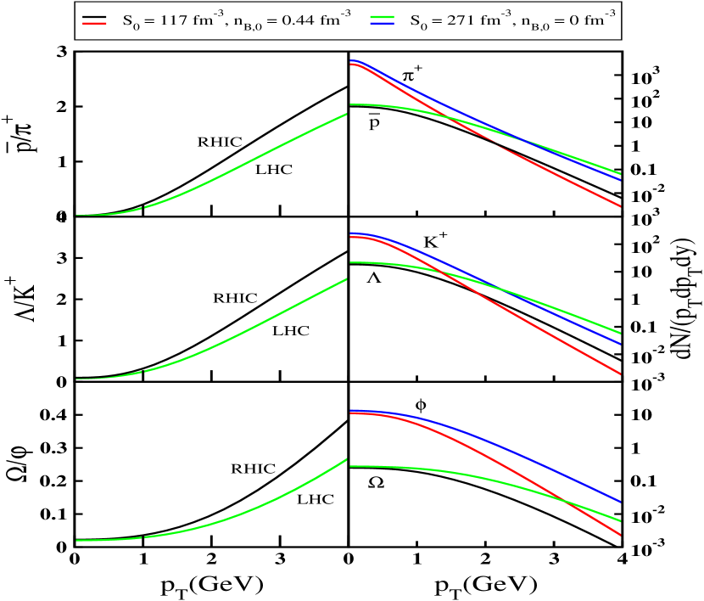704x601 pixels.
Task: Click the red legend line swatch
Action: tap(94, 23)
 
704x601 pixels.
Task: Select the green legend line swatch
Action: tap(382, 17)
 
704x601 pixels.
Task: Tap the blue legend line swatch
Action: tap(382, 24)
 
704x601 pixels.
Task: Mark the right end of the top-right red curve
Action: tap(621, 206)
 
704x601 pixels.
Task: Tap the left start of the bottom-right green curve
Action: tap(350, 466)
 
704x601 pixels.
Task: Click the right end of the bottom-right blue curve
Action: tap(621, 503)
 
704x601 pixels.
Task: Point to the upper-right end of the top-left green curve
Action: tap(346, 114)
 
